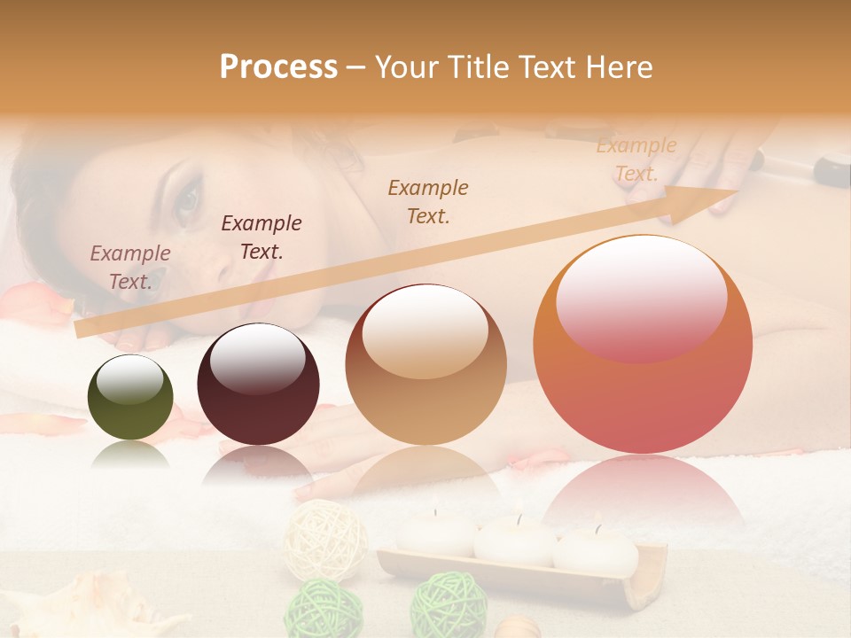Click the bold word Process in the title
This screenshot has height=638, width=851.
278,67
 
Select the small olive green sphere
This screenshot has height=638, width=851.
130,397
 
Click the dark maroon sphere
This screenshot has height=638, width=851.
258,385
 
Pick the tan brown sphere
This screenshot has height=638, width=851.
425,364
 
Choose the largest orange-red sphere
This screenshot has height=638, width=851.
643,345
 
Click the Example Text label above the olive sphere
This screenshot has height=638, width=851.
129,268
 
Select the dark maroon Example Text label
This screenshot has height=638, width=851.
261,237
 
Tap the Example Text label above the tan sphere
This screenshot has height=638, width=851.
428,202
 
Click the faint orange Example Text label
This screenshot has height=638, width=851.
636,159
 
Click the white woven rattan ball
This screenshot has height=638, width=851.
325,540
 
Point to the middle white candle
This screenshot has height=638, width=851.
515,541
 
